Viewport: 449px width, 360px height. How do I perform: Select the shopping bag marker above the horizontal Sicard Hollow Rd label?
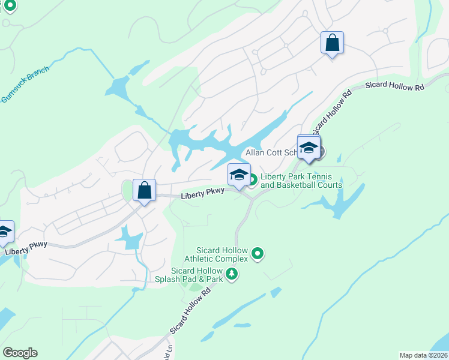click(x=332, y=43)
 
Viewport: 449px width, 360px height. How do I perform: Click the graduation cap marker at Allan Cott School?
click(x=309, y=148)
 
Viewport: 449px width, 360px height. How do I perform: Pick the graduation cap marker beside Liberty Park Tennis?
click(x=239, y=175)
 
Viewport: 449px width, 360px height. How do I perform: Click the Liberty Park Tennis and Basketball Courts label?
click(x=301, y=181)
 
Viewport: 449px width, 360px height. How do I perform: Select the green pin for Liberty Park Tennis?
click(x=252, y=179)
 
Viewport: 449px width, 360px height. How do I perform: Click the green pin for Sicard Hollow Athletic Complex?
click(x=258, y=254)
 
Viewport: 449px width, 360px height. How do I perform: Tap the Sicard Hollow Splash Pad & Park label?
click(x=196, y=275)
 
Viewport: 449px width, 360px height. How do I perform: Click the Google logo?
click(x=20, y=353)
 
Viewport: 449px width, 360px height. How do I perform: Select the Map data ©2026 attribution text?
click(x=424, y=355)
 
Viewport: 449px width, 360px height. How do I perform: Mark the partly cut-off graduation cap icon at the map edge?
click(x=4, y=233)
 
